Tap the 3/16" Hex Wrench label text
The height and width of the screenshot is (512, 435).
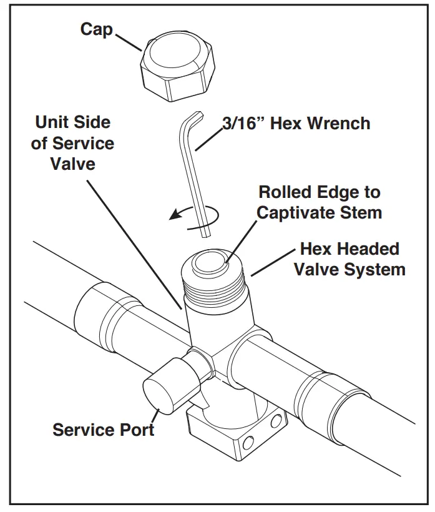pos(296,123)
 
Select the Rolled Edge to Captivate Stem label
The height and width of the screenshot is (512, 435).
pos(319,202)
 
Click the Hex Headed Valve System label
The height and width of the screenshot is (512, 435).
pos(349,259)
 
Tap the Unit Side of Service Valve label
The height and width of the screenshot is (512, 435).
pos(72,142)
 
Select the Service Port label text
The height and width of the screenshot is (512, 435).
pos(103,430)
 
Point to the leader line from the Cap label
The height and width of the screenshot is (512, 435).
pos(127,41)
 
